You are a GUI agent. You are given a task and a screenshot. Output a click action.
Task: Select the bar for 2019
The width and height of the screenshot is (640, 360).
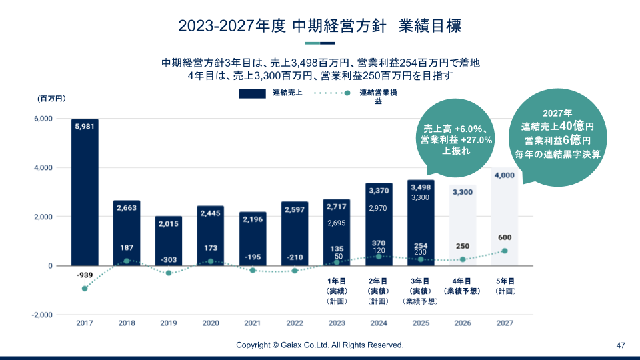169,241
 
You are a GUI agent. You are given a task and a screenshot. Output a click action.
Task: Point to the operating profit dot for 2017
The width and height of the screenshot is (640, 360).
85,289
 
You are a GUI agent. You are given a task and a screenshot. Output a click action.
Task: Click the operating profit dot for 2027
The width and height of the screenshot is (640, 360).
504,251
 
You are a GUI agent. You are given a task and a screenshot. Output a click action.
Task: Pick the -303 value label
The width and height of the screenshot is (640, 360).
169,259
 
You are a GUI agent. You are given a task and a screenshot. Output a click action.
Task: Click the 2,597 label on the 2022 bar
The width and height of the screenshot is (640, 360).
295,210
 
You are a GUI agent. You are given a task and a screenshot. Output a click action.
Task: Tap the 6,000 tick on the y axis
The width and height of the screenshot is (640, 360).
43,119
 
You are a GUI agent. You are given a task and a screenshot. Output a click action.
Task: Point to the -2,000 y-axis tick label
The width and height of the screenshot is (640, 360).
41,315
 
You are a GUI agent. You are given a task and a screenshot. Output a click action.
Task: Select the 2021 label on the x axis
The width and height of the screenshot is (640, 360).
253,323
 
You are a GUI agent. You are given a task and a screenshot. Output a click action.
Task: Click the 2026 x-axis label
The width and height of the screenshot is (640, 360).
462,323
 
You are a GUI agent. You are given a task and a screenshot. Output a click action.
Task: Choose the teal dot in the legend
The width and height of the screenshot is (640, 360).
348,93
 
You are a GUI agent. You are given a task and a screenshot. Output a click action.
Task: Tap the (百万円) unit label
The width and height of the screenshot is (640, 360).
52,99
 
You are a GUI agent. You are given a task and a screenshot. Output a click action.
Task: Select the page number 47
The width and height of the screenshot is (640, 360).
621,345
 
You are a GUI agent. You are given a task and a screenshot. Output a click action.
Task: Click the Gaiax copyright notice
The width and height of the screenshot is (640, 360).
320,345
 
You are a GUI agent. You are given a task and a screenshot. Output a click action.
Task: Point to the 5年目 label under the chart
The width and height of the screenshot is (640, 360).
504,281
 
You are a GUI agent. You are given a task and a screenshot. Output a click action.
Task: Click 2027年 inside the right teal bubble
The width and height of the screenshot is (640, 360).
557,114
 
